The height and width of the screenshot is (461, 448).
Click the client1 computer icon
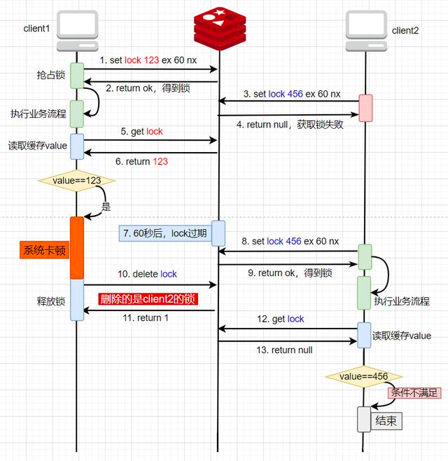pos(76,31)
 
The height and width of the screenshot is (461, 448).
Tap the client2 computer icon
pos(366,32)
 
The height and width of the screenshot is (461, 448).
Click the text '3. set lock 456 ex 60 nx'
pos(292,94)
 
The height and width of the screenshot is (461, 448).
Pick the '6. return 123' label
pos(146,161)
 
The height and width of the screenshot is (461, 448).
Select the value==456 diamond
pos(363,376)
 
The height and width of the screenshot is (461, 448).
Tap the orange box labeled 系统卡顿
pos(45,250)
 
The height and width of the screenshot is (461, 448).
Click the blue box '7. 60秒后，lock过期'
pos(164,233)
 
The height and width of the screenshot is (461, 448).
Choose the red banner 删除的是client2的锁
pos(148,299)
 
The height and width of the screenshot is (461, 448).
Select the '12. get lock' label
pos(281,319)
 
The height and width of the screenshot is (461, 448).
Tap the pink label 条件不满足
pos(414,392)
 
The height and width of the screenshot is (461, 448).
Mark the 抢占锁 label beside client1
pos(50,75)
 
